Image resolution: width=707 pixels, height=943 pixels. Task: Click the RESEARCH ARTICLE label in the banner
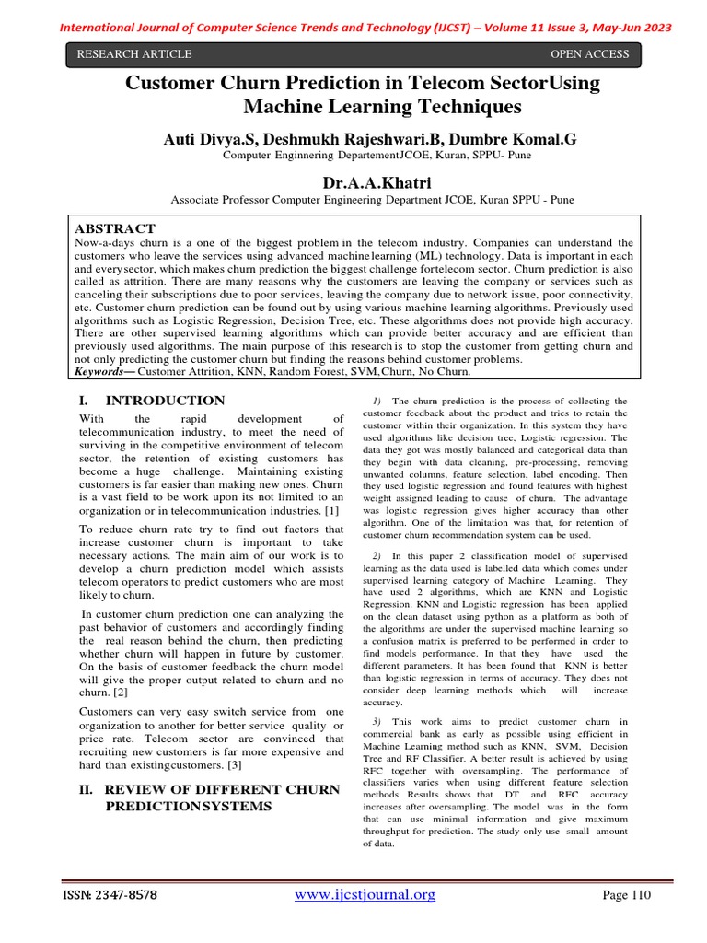coord(134,54)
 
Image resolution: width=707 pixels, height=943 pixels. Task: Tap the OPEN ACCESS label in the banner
coord(589,54)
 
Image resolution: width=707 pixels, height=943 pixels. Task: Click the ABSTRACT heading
coord(115,228)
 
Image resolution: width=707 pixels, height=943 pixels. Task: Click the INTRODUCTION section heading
coord(165,401)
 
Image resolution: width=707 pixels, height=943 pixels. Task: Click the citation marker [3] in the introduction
coord(235,764)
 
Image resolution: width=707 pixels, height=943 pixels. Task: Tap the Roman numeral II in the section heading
coord(87,789)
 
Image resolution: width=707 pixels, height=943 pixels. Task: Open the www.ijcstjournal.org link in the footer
coord(365,895)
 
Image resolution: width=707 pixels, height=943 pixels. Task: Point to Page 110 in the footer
coord(626,895)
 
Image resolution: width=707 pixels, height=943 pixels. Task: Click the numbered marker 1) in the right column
coord(377,401)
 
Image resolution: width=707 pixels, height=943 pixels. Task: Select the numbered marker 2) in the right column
coord(377,556)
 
